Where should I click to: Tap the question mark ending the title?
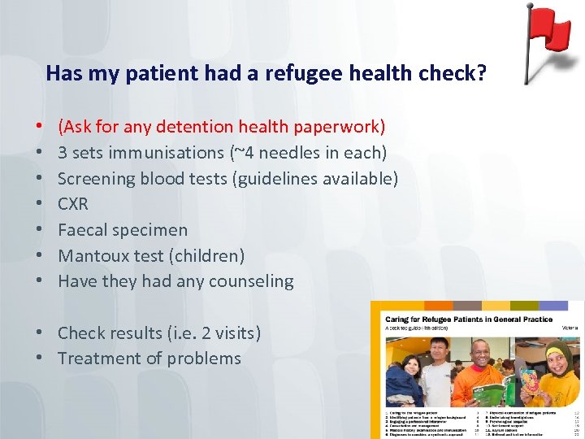pyautogui.click(x=482, y=74)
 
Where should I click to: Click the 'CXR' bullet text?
pyautogui.click(x=73, y=204)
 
